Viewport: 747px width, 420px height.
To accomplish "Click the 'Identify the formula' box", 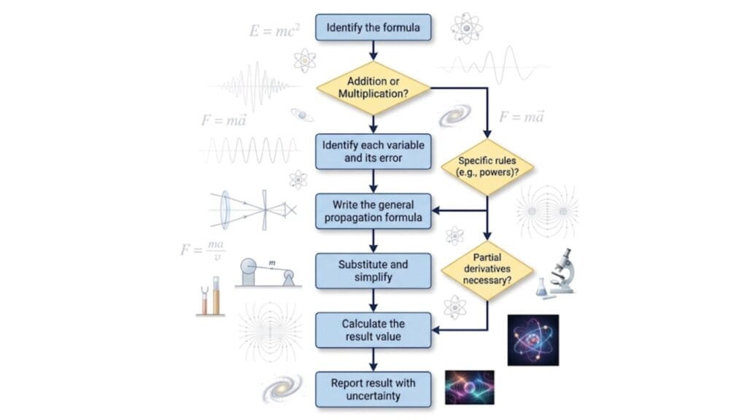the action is (373, 27).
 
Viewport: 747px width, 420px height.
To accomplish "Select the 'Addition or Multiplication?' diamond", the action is (373, 87).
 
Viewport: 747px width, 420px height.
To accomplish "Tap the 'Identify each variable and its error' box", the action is (373, 152).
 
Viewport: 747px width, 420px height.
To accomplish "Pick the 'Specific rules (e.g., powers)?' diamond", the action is (487, 167).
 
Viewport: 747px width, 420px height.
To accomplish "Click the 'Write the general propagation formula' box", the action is (373, 211).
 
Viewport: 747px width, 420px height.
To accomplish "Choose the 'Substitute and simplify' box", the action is (373, 271).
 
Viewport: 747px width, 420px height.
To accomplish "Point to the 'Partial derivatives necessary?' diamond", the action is (487, 270).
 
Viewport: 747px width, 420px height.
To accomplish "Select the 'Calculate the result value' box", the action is (373, 330).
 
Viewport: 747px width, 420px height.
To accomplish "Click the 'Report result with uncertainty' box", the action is (373, 389).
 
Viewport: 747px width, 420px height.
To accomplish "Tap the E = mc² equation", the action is (274, 31).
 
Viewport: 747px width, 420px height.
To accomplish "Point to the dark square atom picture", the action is (533, 340).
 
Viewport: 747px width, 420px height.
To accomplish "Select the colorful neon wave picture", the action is (469, 388).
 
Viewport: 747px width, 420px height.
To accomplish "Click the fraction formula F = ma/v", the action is (202, 250).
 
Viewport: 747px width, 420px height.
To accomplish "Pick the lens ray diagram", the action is (253, 209).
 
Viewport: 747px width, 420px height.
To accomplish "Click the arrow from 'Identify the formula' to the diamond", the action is (373, 51).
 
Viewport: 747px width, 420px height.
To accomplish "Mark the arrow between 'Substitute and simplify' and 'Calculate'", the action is (373, 300).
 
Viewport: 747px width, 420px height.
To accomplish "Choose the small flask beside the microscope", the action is (541, 287).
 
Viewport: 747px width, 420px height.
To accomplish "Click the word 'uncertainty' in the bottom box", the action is (373, 396).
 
